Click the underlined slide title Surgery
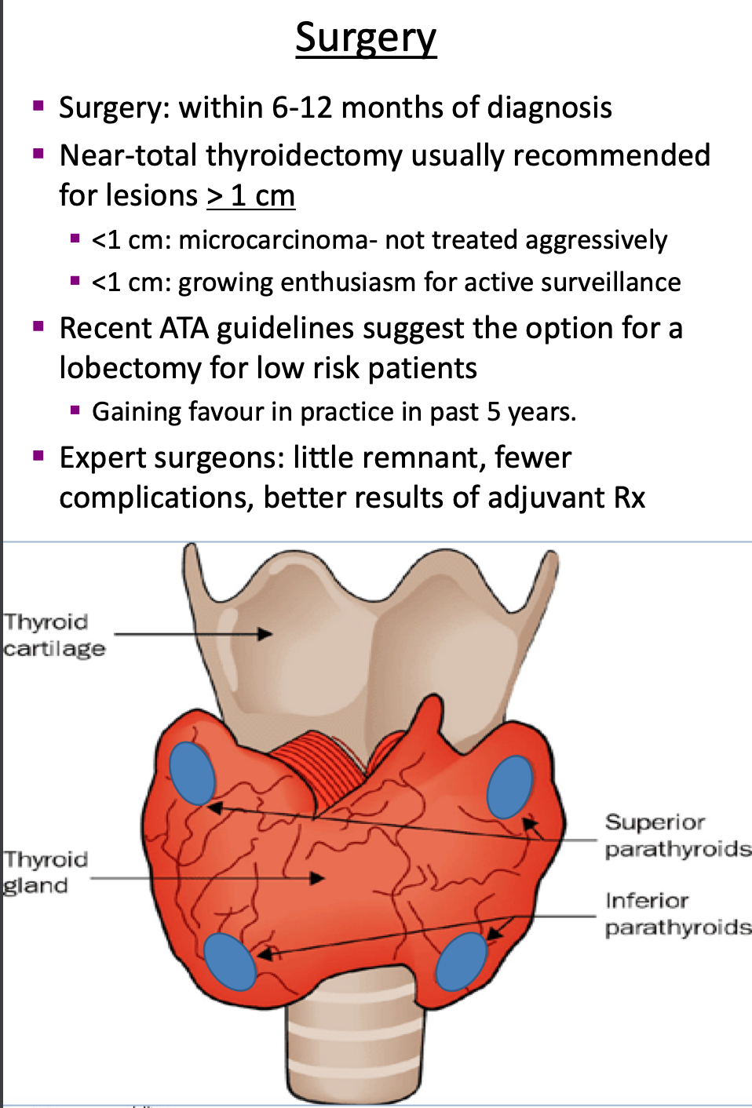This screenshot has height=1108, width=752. [366, 37]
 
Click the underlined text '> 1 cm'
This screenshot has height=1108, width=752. [250, 195]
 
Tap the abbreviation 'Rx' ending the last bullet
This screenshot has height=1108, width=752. [630, 498]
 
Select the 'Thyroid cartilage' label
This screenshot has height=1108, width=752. [53, 635]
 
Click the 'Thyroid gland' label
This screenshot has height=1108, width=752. [45, 872]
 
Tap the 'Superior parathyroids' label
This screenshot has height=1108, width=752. [677, 835]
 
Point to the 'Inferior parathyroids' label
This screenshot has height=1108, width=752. [677, 913]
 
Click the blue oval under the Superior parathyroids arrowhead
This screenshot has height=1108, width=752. [509, 787]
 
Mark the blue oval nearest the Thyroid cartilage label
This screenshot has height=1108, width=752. [192, 773]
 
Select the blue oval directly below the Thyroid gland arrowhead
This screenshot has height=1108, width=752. [230, 960]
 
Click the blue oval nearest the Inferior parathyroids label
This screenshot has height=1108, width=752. [462, 960]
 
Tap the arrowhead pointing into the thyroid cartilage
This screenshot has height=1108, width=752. [266, 634]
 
